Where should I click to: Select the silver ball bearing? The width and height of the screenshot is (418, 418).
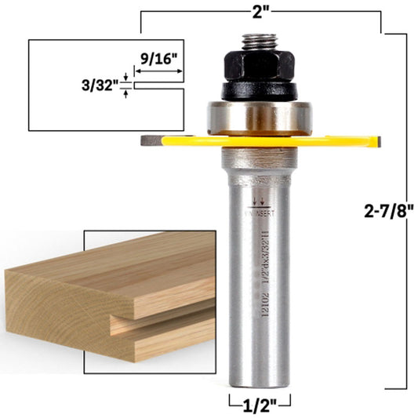[x=259, y=116]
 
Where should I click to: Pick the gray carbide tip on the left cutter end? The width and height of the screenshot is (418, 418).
[x=151, y=141]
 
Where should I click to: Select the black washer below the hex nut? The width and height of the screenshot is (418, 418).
[x=258, y=88]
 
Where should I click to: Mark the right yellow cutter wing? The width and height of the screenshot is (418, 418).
[x=337, y=142]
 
